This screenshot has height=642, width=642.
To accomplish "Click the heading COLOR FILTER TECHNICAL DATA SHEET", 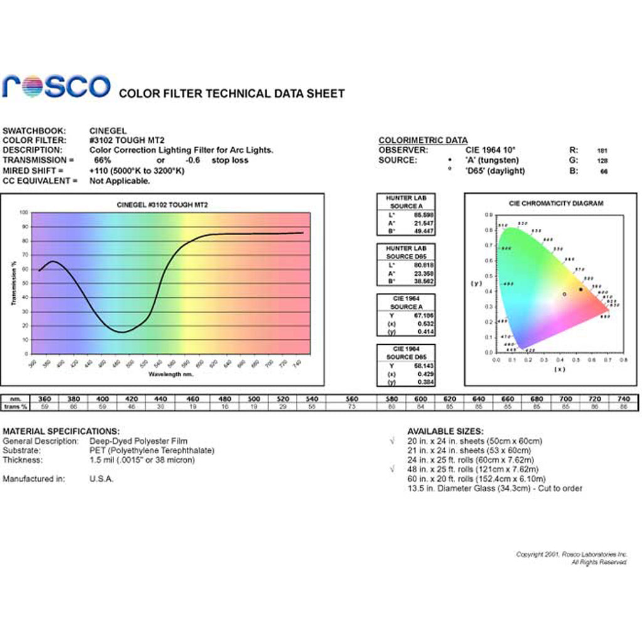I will coord(231,94).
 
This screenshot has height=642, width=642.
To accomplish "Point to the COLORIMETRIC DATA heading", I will coord(423,140).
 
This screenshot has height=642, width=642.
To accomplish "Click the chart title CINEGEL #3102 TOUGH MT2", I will coord(162,205).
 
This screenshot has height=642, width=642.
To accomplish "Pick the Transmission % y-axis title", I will coord(13,283).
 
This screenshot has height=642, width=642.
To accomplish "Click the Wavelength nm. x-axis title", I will coord(171,374).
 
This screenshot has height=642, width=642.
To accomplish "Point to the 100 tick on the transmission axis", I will coord(24,213).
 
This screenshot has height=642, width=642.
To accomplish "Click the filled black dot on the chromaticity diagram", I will coord(581,289).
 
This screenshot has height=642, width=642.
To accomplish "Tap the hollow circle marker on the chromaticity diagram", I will coord(564,294).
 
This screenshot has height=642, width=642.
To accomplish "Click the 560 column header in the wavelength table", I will coord(352,399).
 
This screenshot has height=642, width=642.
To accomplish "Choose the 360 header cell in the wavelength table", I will coord(45,399).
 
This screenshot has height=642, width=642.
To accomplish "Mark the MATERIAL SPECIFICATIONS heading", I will coord(61,431).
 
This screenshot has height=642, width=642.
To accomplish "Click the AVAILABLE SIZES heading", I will coord(445,431).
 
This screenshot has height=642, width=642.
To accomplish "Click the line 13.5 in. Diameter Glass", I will coord(495,488).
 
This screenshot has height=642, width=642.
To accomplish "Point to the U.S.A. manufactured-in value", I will coord(102,479).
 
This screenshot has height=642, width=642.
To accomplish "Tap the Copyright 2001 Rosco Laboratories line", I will coord(571,554).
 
